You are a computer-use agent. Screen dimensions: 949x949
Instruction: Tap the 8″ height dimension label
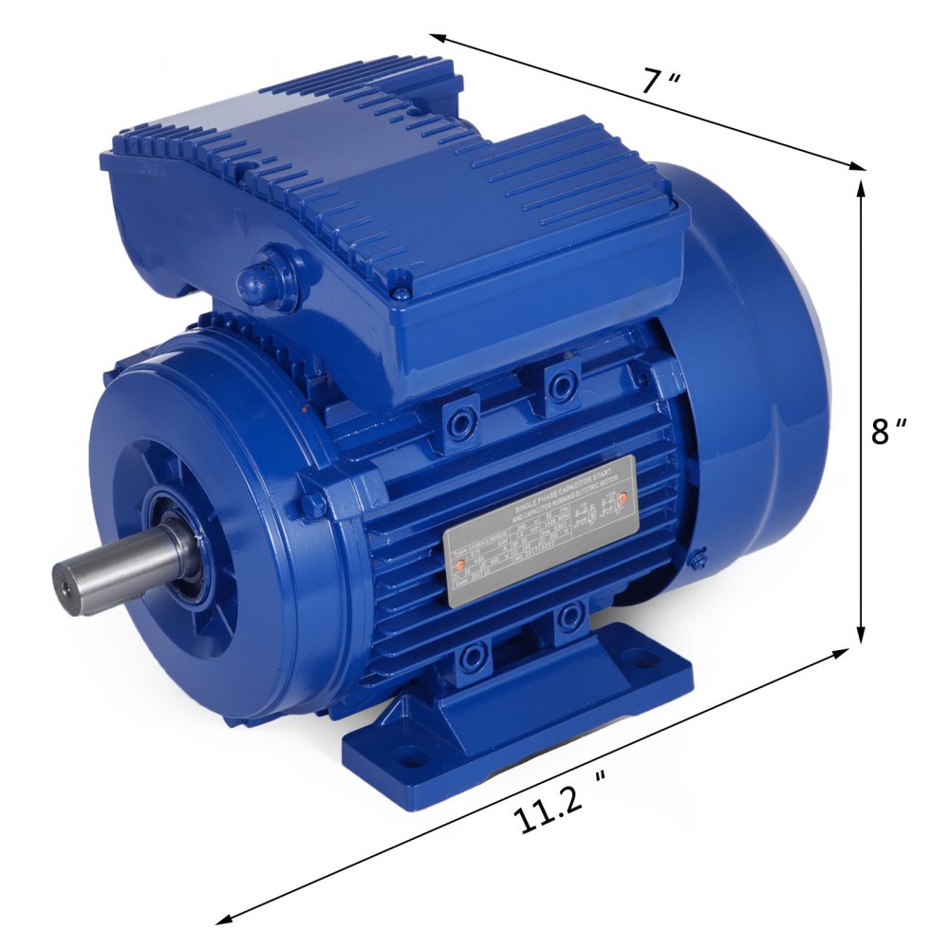[889, 431]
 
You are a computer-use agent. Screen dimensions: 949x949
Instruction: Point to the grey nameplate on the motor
[539, 538]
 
